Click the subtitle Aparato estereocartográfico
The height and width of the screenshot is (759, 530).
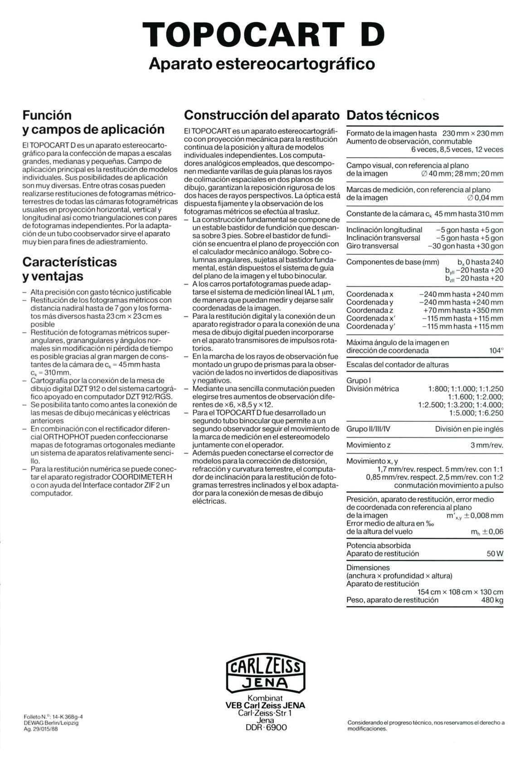point(262,63)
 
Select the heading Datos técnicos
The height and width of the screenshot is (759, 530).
point(393,115)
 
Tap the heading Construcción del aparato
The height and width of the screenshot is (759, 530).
point(262,115)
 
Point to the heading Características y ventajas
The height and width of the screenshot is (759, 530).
point(69,269)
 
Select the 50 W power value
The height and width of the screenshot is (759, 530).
point(495,553)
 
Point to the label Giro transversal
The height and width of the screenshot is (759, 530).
point(372,246)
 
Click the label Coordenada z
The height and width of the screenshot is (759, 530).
point(370,310)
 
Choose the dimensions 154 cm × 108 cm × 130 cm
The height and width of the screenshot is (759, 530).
point(460,592)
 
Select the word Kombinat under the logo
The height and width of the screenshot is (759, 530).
point(265,698)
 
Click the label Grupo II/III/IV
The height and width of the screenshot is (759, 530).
point(368,429)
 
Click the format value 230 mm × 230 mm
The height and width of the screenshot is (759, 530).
point(472,133)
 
